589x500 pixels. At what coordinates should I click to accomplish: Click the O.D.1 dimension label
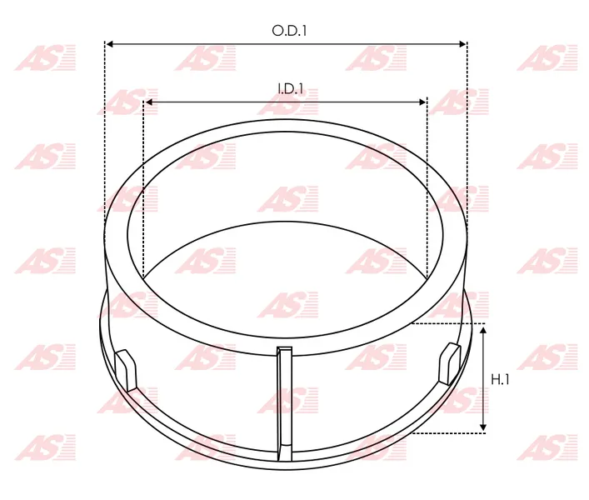click(x=289, y=31)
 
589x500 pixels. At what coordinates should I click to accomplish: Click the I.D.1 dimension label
click(x=291, y=89)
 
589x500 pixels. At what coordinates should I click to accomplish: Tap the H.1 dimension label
click(x=500, y=380)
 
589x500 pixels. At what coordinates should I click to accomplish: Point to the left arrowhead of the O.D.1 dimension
click(x=110, y=44)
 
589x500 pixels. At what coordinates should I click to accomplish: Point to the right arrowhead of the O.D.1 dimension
click(x=462, y=44)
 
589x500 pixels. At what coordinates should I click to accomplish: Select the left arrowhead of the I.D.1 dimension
click(x=149, y=102)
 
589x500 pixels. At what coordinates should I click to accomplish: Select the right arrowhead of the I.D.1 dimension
click(x=422, y=102)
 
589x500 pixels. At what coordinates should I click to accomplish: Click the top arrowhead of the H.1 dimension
click(x=483, y=330)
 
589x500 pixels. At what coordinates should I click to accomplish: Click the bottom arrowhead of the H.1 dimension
click(x=483, y=427)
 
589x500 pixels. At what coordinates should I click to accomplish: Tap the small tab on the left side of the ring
click(x=126, y=370)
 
